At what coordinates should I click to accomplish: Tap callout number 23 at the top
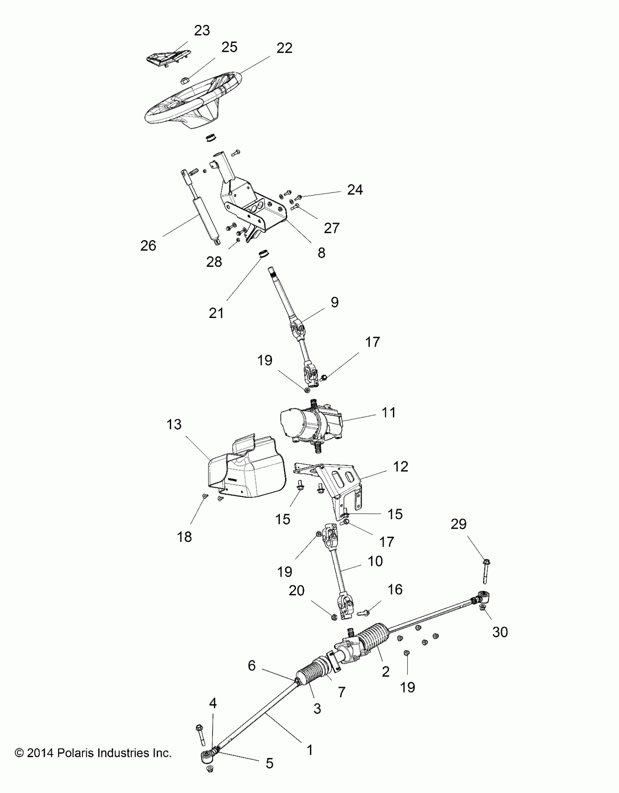(x=202, y=31)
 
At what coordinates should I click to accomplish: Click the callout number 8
(x=321, y=253)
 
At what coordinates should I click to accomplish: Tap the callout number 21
(x=216, y=313)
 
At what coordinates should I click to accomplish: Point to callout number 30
(x=500, y=632)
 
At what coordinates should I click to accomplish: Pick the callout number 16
(x=395, y=590)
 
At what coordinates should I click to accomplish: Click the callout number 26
(x=148, y=246)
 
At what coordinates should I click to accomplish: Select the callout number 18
(x=185, y=537)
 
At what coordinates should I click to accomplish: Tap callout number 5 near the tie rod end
(x=269, y=763)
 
